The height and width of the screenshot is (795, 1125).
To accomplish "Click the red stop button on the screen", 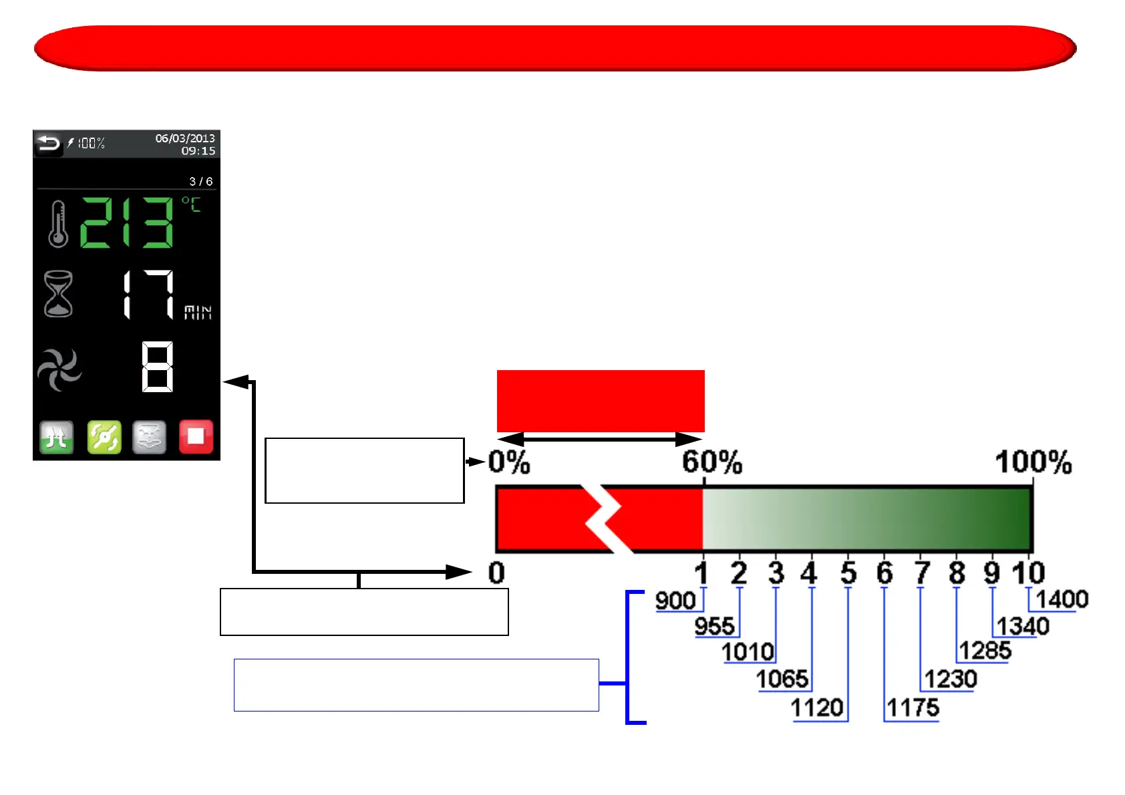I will click(x=196, y=437).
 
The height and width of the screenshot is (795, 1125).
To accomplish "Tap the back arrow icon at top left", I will click(x=48, y=144).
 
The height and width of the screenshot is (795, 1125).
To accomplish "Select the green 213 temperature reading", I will click(x=127, y=223).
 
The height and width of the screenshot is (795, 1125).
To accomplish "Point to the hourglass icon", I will click(x=58, y=293).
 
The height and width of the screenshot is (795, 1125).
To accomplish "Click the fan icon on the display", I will click(x=59, y=369).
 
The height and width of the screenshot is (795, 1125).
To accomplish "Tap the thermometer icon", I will click(x=58, y=224).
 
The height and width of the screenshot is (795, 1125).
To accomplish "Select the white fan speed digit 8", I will click(x=158, y=367).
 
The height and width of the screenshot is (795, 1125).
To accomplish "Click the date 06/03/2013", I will click(x=185, y=138).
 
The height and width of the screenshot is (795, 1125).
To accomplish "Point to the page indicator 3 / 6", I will click(x=200, y=182).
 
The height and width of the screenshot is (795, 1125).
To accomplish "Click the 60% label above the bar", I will click(x=711, y=462).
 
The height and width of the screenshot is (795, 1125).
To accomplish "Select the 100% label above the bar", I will click(x=1033, y=462).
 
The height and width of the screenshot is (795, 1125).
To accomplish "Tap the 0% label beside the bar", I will click(x=509, y=462).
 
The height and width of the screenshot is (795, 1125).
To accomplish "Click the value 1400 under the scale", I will click(x=1062, y=599).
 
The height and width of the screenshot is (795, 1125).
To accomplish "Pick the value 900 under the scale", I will click(x=675, y=601).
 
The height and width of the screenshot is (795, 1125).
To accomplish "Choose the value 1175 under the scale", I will click(x=913, y=707).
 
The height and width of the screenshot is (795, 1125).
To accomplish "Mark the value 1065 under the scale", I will click(x=782, y=679).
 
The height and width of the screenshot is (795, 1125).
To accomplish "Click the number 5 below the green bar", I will click(x=848, y=573).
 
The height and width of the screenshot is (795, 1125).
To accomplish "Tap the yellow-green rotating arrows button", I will click(x=104, y=437).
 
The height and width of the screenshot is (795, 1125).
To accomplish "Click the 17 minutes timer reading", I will click(x=149, y=295).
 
